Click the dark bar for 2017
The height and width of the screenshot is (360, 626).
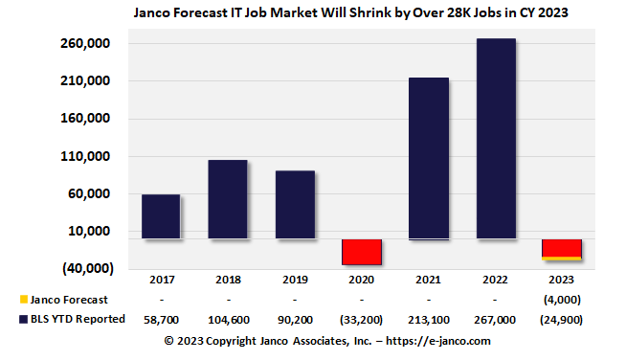(161, 216)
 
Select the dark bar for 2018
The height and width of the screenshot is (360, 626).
(228, 199)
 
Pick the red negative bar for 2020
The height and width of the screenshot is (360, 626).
(362, 251)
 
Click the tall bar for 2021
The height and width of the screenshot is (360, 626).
(429, 158)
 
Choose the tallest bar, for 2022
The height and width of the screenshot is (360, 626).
(496, 139)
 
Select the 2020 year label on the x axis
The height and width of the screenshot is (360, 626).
(362, 281)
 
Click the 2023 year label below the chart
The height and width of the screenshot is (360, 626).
(562, 281)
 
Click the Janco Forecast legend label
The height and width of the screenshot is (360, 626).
(69, 300)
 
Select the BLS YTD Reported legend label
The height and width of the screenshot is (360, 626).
(78, 319)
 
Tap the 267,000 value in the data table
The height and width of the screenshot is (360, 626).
(496, 320)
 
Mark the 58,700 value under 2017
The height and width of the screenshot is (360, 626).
(161, 320)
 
